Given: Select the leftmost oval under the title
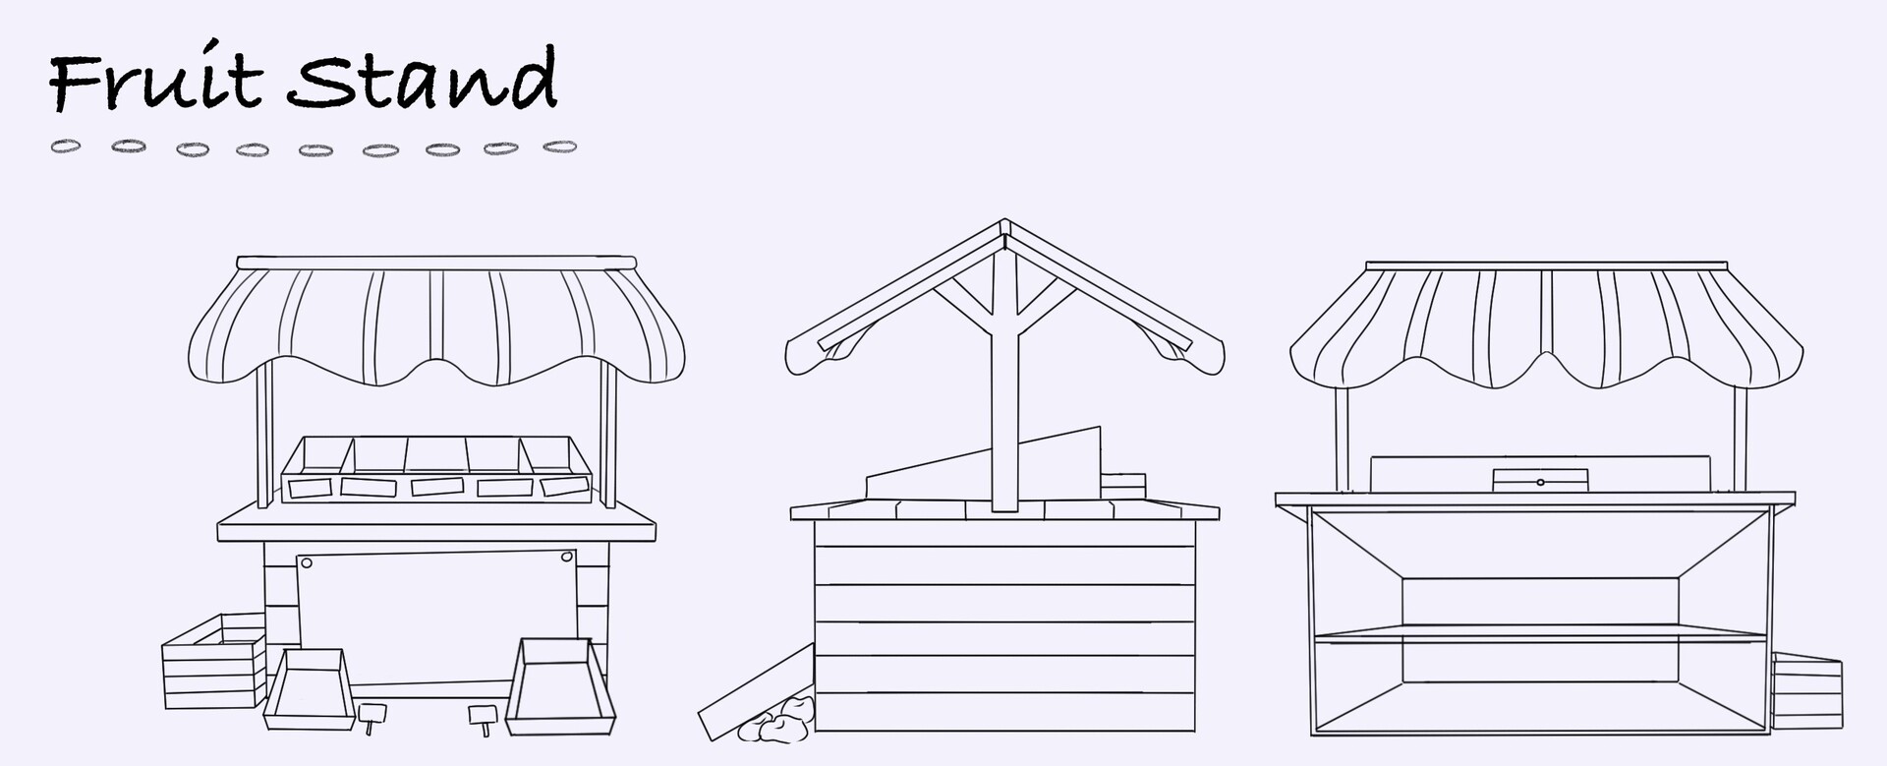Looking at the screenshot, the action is click(x=66, y=147).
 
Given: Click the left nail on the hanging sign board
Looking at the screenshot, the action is click(x=306, y=563).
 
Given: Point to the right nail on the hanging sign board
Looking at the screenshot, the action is click(x=566, y=558).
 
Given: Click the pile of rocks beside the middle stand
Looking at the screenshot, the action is click(x=775, y=721).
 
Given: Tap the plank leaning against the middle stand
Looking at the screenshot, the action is click(x=755, y=691).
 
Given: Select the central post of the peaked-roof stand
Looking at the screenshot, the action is click(x=1003, y=393).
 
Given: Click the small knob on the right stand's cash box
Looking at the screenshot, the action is click(x=1540, y=482).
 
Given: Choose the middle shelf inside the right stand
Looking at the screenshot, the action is click(x=1540, y=636).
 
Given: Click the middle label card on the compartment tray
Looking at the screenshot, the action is click(x=434, y=486).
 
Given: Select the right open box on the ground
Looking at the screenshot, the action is click(x=559, y=685).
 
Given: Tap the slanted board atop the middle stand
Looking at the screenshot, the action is click(x=983, y=464).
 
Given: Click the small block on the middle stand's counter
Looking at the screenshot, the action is click(x=1123, y=487).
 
